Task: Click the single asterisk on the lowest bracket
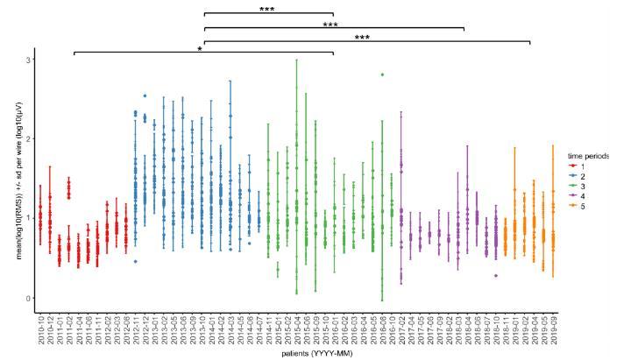201,50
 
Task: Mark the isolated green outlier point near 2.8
381,74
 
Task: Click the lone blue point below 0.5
135,261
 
